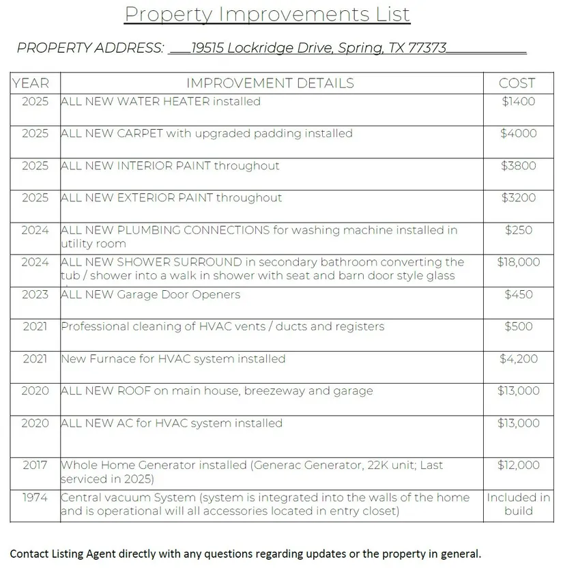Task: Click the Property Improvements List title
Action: point(267,14)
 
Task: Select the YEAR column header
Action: point(31,83)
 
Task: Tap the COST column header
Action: point(517,83)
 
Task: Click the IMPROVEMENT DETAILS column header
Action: point(270,83)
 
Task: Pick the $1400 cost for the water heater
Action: point(519,102)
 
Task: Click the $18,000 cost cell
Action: point(519,262)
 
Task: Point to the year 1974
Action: point(35,498)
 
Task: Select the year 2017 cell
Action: point(35,465)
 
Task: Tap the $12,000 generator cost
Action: point(519,465)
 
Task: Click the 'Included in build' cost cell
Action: point(519,504)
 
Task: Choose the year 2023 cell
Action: point(35,294)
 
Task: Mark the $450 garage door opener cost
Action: point(519,294)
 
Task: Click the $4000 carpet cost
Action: point(519,134)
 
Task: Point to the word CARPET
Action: point(139,134)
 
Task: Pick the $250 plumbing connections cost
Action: point(519,230)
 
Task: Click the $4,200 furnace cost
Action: point(519,358)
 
